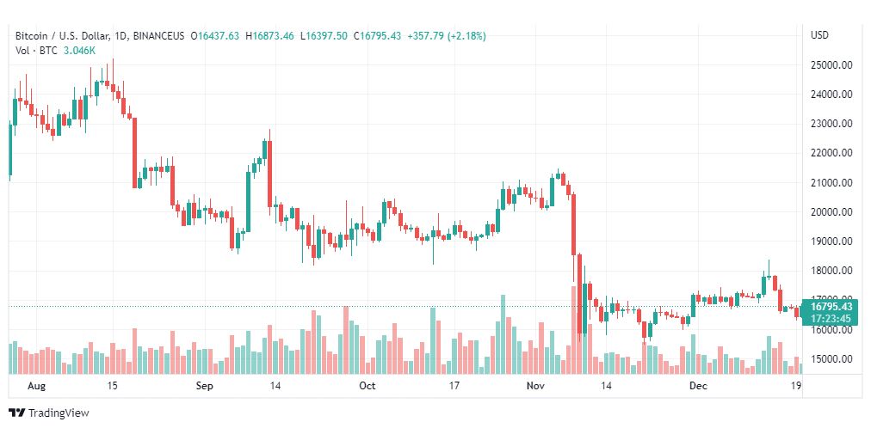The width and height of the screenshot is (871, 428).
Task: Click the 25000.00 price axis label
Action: click(x=831, y=64)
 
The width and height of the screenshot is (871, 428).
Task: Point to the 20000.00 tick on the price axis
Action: click(x=831, y=211)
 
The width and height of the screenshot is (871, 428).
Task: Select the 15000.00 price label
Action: click(x=831, y=358)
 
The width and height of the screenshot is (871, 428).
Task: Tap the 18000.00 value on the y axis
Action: click(x=831, y=271)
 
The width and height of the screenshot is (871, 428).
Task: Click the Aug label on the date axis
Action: click(x=36, y=387)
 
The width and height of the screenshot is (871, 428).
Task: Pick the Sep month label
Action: click(x=204, y=387)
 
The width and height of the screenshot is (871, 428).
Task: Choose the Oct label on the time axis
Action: click(x=368, y=387)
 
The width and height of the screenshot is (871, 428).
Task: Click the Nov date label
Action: click(x=535, y=387)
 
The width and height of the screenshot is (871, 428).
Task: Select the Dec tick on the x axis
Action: click(x=698, y=387)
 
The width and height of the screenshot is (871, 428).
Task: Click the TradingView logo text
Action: click(x=59, y=413)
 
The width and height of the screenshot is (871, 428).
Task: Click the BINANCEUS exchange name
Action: click(x=160, y=35)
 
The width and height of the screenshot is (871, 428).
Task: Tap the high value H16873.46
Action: click(x=269, y=35)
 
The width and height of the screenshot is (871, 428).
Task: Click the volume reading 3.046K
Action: click(x=80, y=51)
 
